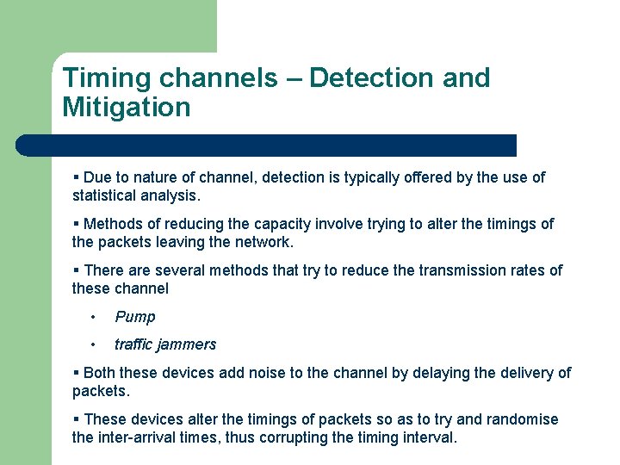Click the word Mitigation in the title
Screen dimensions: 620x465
tap(126, 108)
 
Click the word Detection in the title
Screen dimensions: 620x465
tap(369, 77)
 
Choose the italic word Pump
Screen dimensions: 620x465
tap(135, 317)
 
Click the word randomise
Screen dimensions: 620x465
tap(522, 419)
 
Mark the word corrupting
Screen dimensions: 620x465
tap(301, 437)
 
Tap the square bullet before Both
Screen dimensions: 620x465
tap(77, 373)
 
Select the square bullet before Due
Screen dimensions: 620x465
tap(77, 177)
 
